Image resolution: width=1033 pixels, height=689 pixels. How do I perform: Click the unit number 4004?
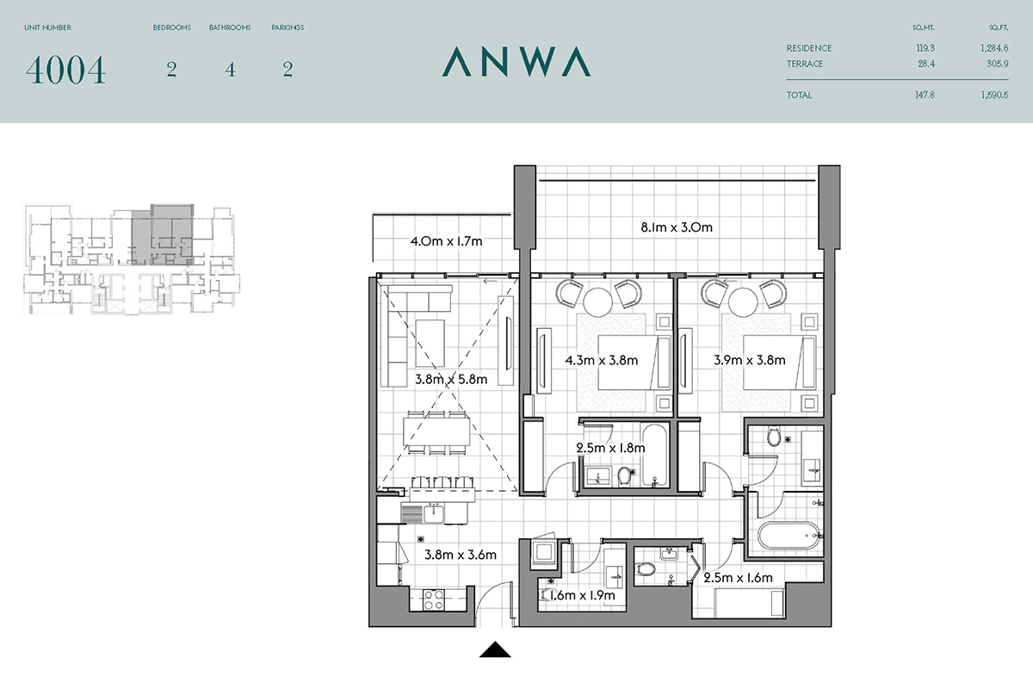point(65,70)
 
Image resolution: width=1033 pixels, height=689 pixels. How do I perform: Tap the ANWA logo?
point(516,61)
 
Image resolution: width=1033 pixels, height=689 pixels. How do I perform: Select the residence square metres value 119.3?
point(925,48)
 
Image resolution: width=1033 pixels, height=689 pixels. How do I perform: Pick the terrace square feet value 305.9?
point(997,64)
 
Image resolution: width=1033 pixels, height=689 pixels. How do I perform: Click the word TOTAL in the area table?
point(799,95)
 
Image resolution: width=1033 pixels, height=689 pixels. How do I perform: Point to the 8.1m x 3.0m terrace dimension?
point(677,227)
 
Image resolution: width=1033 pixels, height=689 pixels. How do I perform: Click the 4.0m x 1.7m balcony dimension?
point(447,241)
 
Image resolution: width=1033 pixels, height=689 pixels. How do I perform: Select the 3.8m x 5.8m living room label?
point(451,379)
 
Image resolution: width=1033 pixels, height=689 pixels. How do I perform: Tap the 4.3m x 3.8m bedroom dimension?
point(602,360)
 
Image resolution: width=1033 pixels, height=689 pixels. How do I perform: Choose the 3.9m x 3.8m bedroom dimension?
point(750,360)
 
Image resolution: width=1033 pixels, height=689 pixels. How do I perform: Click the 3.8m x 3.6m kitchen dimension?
point(461,555)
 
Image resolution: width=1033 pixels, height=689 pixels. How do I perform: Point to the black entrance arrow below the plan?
point(495,649)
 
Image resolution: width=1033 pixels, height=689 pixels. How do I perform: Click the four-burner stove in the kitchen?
point(434,599)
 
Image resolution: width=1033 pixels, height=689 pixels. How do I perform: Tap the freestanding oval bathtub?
point(789,536)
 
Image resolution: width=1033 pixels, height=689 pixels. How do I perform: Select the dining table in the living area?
point(436,431)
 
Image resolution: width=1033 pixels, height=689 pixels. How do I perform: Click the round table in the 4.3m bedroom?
point(597,301)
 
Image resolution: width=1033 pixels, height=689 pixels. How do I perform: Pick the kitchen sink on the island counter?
point(434,514)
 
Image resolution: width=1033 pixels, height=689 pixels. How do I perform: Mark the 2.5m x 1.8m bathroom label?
point(610,448)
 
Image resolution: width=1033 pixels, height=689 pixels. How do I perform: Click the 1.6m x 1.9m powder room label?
point(582,595)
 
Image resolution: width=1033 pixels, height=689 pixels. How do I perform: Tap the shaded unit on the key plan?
point(163,235)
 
